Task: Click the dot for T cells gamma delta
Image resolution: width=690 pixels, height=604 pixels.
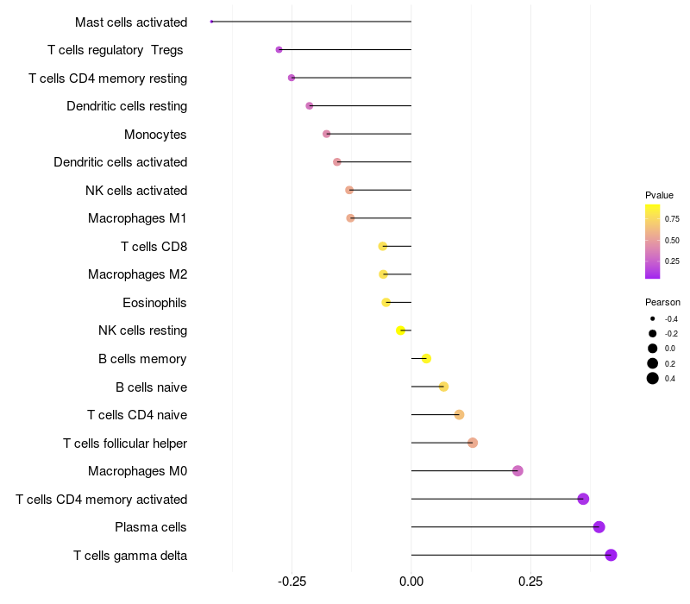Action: pos(611,555)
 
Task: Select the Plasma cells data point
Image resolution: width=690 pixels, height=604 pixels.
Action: pos(599,527)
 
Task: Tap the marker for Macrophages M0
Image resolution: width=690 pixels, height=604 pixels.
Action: pos(517,471)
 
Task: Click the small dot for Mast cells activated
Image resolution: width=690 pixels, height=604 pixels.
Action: pos(211,22)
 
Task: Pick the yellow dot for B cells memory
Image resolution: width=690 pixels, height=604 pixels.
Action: pos(426,358)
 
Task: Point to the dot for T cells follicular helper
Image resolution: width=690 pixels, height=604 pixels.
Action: pos(473,443)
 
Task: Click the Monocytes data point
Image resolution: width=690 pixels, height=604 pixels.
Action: pos(326,134)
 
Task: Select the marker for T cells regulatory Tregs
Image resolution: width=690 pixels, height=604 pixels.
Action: pos(279,50)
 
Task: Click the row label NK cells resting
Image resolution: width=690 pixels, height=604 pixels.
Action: pos(142,330)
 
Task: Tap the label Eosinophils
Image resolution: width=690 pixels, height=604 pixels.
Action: pos(154,303)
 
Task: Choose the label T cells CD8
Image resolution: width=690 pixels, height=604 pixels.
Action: pos(154,247)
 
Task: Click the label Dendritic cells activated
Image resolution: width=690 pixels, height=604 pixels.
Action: pos(120,162)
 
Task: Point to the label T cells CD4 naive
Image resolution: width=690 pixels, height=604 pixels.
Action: pos(137,415)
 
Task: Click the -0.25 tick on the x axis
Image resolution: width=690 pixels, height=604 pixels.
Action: pos(292,582)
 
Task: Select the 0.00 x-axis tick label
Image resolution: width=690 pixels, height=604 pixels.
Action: pos(411,582)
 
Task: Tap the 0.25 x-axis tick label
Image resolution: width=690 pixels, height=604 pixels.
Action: pos(530,582)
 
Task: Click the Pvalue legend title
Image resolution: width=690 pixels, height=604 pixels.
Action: pos(659,195)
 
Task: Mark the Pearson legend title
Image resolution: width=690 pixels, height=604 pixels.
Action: pos(662,302)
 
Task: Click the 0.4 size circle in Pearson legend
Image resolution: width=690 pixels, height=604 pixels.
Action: pos(653,378)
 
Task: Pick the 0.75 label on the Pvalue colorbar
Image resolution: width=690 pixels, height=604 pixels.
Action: pos(672,219)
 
